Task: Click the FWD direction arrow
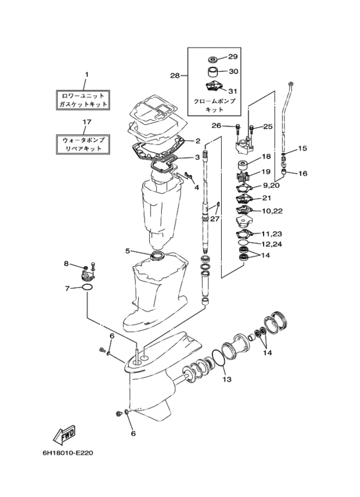tap(64, 433)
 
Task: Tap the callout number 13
tap(228, 379)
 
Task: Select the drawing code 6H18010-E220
tap(67, 453)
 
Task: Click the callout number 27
tap(215, 219)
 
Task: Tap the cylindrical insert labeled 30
tap(214, 72)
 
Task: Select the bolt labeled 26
tap(238, 129)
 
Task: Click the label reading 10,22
tap(273, 211)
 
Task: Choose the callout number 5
tap(127, 251)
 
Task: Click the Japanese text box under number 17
tap(83, 145)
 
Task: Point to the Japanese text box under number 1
tap(83, 100)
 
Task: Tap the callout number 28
tap(175, 75)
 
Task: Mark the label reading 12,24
tap(272, 244)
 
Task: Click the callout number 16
tap(303, 174)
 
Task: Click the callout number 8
tap(66, 264)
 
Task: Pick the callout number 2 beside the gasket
tap(197, 141)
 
